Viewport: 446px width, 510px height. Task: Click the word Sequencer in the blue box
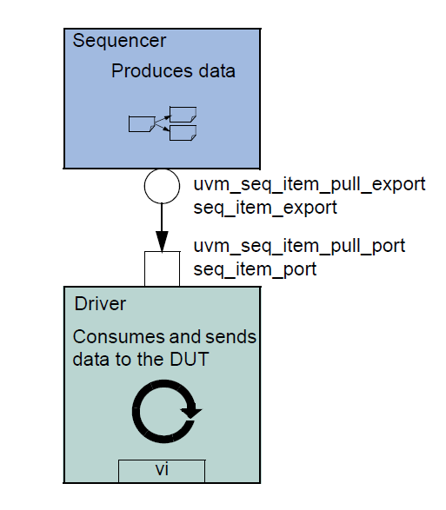(x=119, y=40)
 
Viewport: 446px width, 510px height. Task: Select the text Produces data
(x=173, y=71)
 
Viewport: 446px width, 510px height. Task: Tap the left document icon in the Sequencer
(x=141, y=123)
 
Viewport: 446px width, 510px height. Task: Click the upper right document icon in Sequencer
(x=183, y=113)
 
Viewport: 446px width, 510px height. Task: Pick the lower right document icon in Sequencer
(x=183, y=133)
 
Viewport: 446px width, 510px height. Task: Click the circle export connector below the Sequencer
(x=161, y=185)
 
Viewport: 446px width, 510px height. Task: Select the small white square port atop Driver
(x=161, y=268)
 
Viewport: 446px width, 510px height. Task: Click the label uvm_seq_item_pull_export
(x=309, y=184)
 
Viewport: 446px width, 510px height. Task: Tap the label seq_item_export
(x=264, y=208)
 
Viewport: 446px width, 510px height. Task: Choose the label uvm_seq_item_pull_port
(x=298, y=246)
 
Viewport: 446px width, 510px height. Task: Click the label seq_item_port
(x=254, y=269)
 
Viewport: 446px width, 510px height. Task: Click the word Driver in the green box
(x=99, y=305)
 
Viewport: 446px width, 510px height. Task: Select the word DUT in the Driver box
(x=189, y=358)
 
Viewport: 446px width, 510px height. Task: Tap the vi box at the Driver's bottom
(x=161, y=470)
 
